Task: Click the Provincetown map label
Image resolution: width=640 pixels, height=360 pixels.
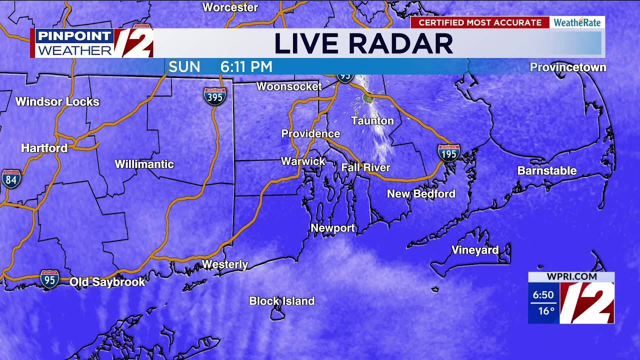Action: pyautogui.click(x=567, y=67)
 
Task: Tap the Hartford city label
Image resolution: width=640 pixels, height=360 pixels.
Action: pyautogui.click(x=44, y=148)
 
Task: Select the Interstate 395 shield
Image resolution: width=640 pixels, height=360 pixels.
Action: pyautogui.click(x=214, y=96)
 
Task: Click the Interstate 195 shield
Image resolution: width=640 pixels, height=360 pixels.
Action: pyautogui.click(x=448, y=153)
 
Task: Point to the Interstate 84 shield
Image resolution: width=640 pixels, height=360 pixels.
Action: pyautogui.click(x=11, y=178)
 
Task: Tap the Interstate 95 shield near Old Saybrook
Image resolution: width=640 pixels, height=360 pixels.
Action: pyautogui.click(x=49, y=278)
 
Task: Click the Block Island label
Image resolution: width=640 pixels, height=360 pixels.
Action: pyautogui.click(x=281, y=301)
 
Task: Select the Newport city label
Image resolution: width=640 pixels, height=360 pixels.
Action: pyautogui.click(x=332, y=228)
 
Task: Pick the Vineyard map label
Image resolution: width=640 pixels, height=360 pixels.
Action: pyautogui.click(x=474, y=250)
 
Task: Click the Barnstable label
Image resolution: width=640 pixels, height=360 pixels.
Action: pyautogui.click(x=546, y=171)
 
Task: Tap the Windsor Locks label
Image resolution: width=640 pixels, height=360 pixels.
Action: pyautogui.click(x=57, y=102)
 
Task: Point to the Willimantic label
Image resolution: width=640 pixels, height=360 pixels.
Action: pyautogui.click(x=144, y=164)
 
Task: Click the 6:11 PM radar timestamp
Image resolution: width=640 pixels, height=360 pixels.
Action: pyautogui.click(x=246, y=67)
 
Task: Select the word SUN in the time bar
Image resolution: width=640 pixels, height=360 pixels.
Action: pyautogui.click(x=184, y=67)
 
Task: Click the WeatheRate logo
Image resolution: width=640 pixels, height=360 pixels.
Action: pyautogui.click(x=577, y=22)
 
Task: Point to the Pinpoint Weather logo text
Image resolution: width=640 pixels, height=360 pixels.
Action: pyautogui.click(x=74, y=43)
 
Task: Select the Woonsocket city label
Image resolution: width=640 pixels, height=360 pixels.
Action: pyautogui.click(x=289, y=86)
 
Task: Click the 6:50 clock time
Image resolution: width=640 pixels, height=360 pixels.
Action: pyautogui.click(x=543, y=295)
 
